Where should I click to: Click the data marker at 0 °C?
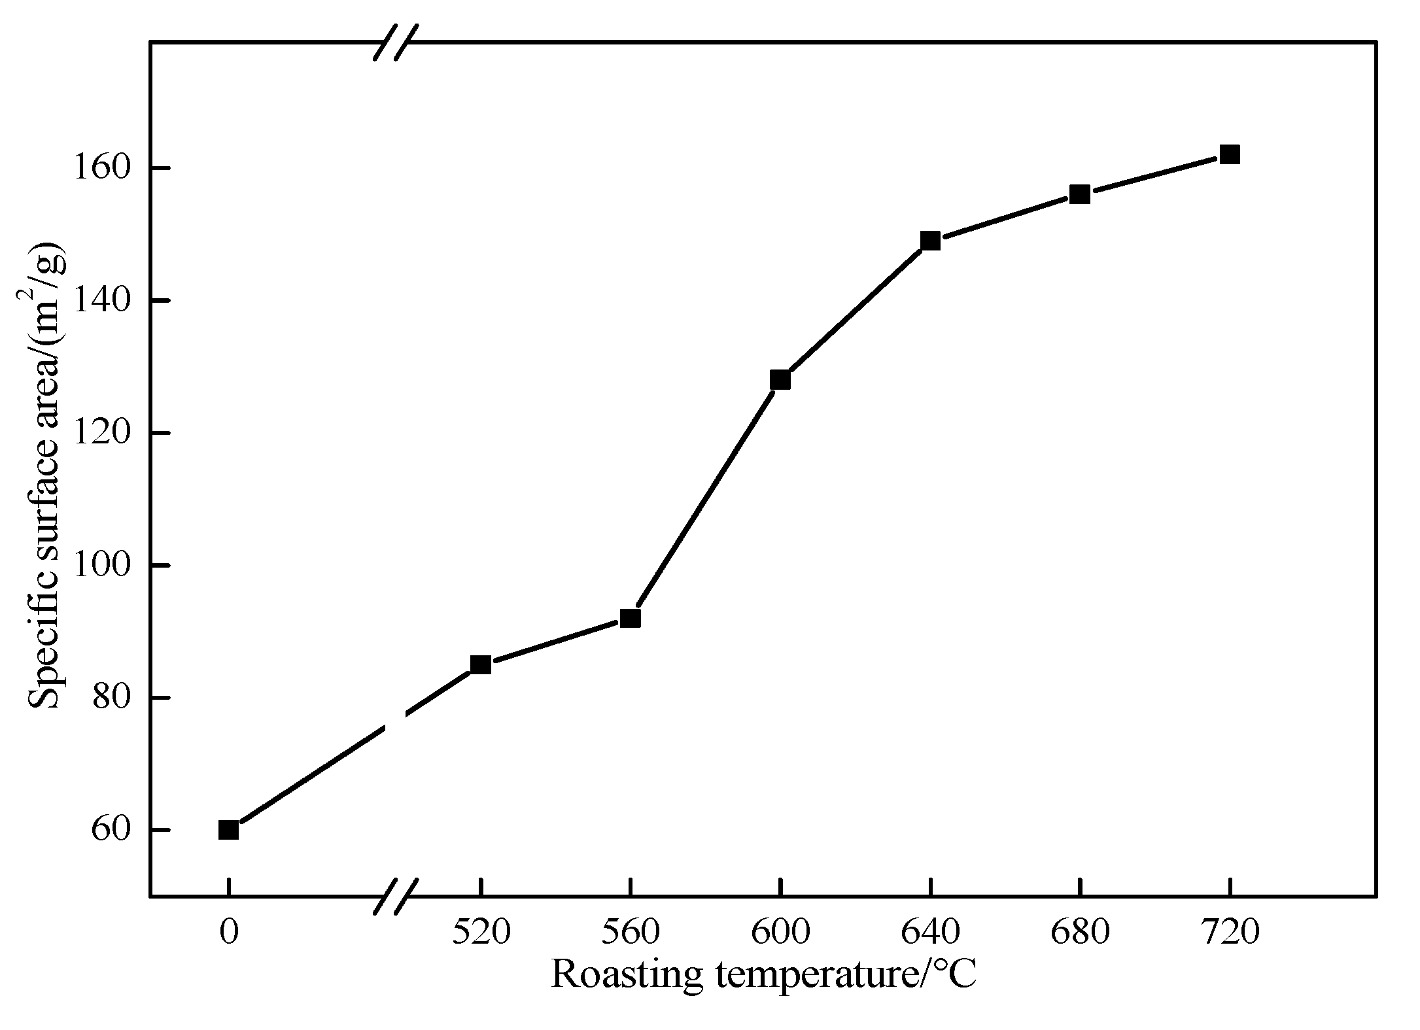click(228, 830)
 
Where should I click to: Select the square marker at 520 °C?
click(481, 664)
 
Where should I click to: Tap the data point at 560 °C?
click(630, 618)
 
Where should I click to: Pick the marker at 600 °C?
click(780, 380)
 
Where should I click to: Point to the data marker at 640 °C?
click(929, 241)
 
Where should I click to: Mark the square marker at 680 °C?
click(1079, 194)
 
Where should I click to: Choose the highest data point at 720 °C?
click(1229, 155)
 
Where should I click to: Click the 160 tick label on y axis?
click(99, 169)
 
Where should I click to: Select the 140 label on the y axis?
click(99, 301)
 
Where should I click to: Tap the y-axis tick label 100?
click(99, 565)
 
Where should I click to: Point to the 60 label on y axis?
click(109, 830)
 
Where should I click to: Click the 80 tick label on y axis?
click(109, 698)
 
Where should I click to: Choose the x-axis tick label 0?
click(228, 932)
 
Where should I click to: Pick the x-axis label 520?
click(481, 932)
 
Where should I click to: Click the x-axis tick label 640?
click(929, 932)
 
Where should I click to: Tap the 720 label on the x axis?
click(1229, 932)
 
